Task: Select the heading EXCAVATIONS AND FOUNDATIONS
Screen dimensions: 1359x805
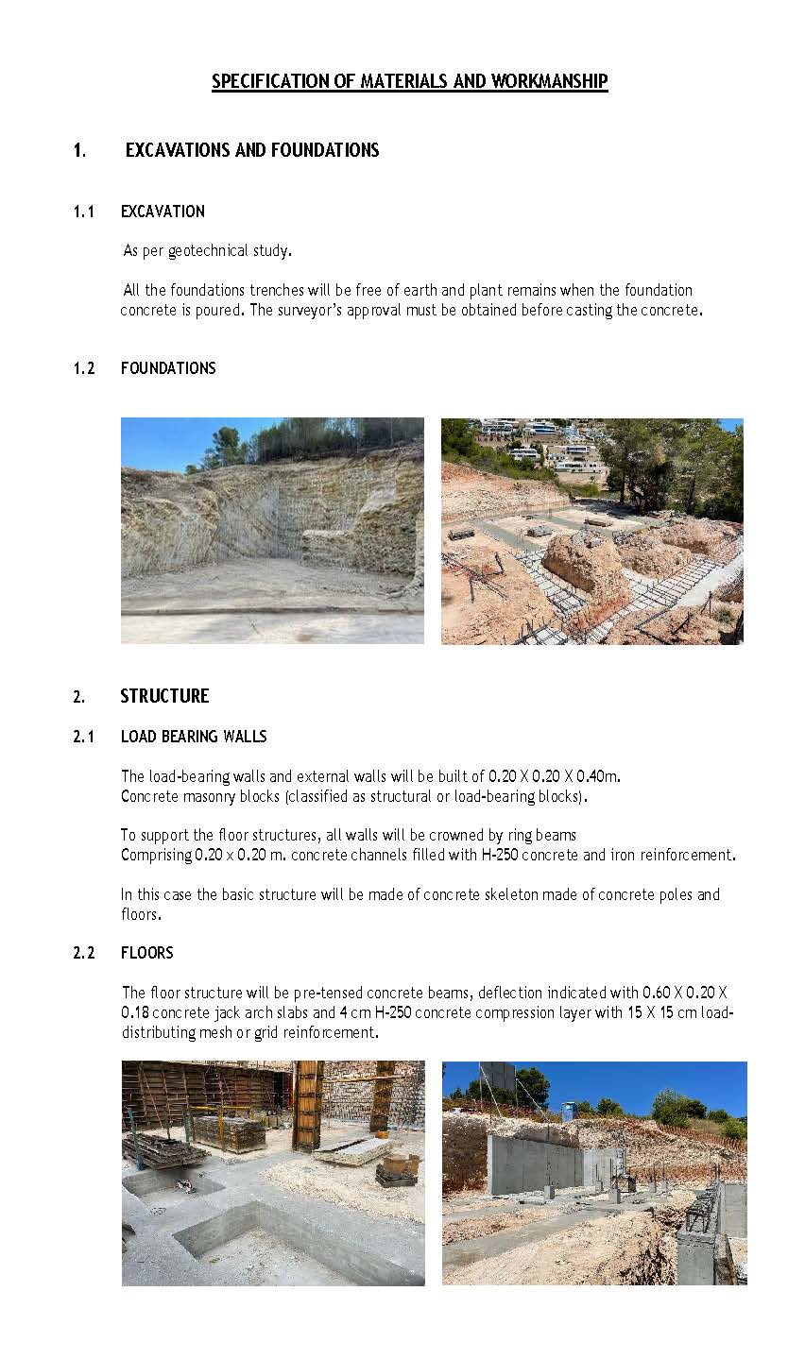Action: click(252, 150)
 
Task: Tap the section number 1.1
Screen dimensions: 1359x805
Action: click(84, 212)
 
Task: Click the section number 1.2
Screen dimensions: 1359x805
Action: click(84, 368)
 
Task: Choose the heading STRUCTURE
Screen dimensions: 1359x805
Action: click(164, 696)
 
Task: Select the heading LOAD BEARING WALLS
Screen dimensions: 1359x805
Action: click(194, 737)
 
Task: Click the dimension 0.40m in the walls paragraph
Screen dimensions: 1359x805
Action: click(597, 776)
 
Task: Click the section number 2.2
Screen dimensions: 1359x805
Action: click(84, 953)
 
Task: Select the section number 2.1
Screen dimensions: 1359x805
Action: click(84, 737)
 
